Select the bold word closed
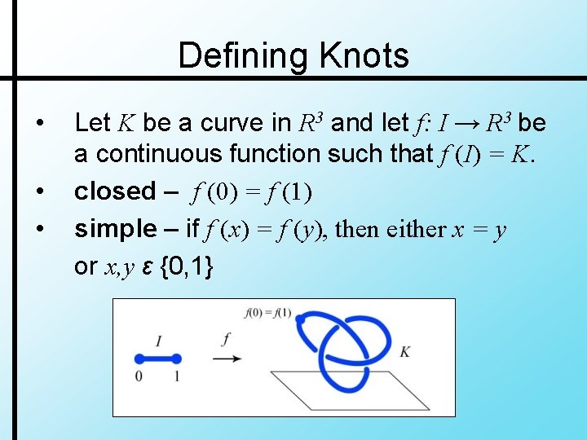[x=114, y=191]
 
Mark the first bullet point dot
[x=40, y=123]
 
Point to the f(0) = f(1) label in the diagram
[x=268, y=313]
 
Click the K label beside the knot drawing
[x=405, y=352]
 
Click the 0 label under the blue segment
[x=139, y=376]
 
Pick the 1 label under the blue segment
[x=177, y=376]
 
